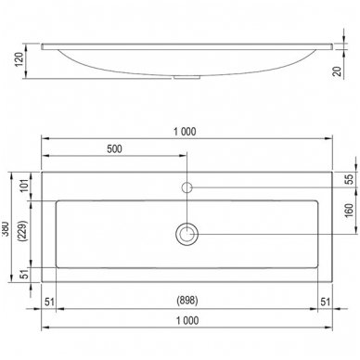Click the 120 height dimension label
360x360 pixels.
[19, 59]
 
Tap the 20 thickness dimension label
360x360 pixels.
[338, 71]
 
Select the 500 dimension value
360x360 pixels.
[114, 149]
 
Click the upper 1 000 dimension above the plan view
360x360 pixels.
[185, 132]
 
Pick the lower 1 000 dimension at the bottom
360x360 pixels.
[187, 320]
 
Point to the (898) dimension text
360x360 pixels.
[187, 301]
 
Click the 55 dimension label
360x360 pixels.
[349, 179]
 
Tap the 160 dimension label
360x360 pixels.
[349, 211]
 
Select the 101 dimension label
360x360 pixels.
[25, 186]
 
